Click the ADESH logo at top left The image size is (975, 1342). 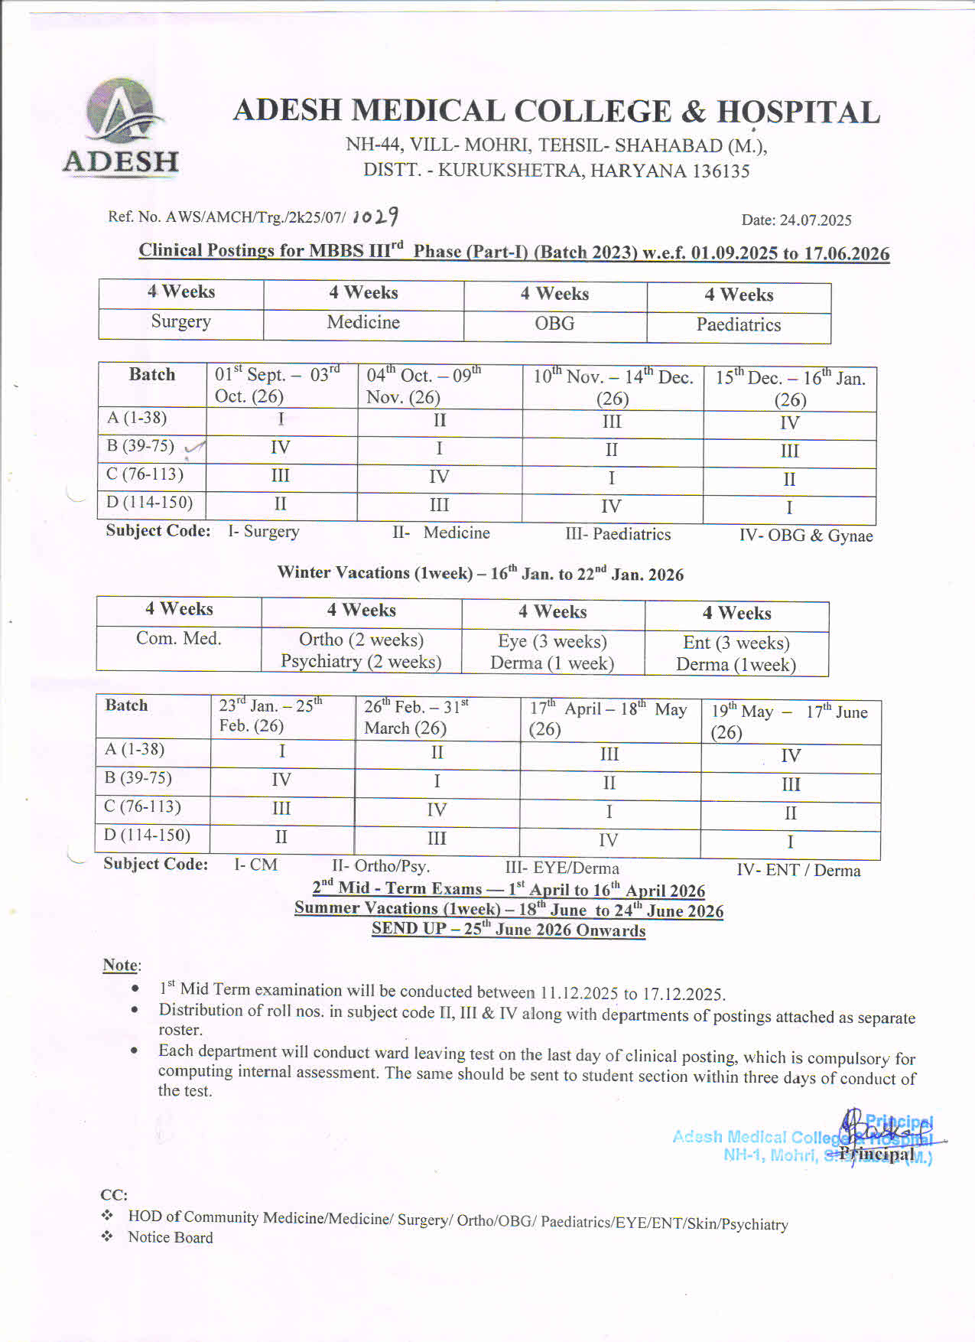[121, 127]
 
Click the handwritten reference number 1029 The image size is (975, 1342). [375, 217]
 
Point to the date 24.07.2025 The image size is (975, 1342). [796, 220]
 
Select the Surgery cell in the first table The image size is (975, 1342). [180, 321]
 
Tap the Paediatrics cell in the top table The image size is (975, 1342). [738, 325]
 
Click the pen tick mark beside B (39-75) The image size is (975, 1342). [195, 448]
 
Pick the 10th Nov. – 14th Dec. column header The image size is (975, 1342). [613, 388]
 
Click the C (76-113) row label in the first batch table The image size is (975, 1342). [145, 474]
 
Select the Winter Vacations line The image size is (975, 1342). [480, 573]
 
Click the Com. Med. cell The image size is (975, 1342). [178, 639]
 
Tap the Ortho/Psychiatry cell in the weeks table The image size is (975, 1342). [361, 650]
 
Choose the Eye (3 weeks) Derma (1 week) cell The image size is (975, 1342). [552, 653]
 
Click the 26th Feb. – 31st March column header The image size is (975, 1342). [417, 717]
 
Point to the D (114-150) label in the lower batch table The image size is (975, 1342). [148, 835]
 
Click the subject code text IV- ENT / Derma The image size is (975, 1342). [798, 870]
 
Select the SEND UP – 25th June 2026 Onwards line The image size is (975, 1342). [509, 930]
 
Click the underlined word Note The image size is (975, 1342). [120, 965]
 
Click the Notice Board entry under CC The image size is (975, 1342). [170, 1237]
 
